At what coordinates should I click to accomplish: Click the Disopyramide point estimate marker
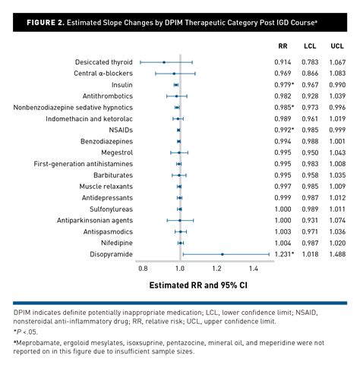222,254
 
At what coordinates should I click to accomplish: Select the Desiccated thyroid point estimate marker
164,61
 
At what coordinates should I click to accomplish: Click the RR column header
283,46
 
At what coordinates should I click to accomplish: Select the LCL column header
310,46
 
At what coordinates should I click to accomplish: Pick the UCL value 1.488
337,254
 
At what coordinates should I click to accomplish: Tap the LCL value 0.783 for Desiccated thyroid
310,61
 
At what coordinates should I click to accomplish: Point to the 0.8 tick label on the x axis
143,269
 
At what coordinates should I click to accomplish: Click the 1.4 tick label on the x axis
253,269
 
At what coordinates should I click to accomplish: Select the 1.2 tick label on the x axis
216,269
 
